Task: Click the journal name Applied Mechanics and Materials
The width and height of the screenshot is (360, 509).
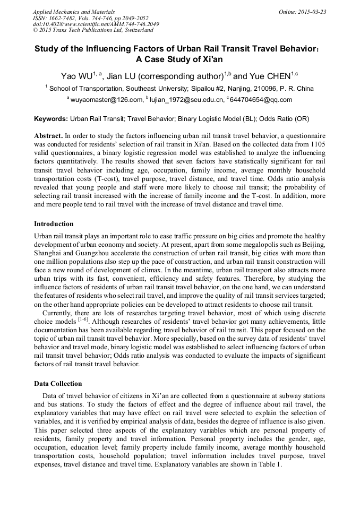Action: click(x=74, y=12)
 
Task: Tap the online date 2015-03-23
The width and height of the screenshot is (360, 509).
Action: click(x=312, y=12)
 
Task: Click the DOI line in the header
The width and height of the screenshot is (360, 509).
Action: click(x=96, y=24)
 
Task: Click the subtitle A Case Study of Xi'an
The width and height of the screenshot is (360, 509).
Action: click(x=180, y=59)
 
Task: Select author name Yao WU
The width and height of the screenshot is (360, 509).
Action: click(x=74, y=76)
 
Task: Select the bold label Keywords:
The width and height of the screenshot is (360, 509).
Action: click(x=51, y=119)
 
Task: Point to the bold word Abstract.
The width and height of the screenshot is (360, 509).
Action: click(x=49, y=136)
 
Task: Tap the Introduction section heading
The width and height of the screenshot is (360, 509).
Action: click(x=54, y=223)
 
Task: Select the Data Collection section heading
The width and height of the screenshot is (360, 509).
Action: click(x=58, y=383)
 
